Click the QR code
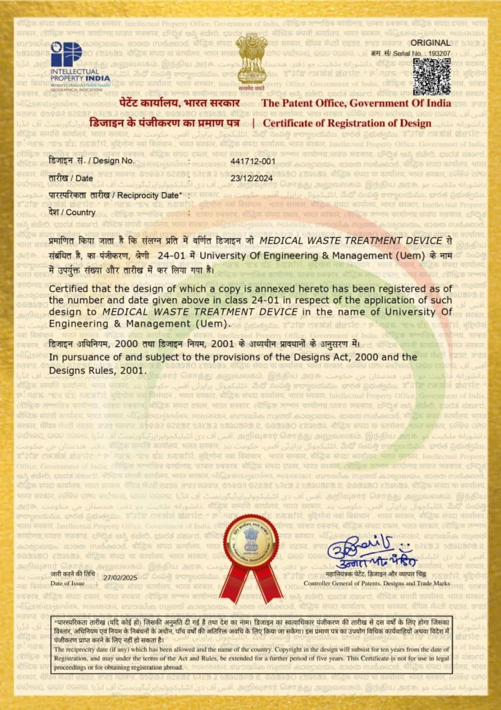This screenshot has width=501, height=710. click(432, 76)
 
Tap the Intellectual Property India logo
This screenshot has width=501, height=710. click(80, 63)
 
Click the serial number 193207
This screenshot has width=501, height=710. click(439, 53)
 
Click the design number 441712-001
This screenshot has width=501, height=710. click(253, 161)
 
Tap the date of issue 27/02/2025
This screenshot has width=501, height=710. click(121, 577)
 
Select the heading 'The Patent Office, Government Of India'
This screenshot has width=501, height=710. click(356, 103)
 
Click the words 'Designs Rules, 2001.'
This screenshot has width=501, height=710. click(98, 370)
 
